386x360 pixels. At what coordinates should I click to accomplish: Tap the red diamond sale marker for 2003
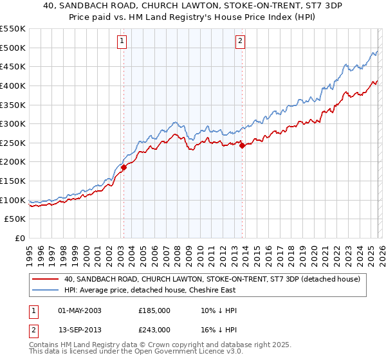pyautogui.click(x=124, y=168)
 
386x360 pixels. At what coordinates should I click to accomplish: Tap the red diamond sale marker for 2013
pyautogui.click(x=242, y=146)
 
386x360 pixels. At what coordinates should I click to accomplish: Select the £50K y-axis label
pyautogui.click(x=15, y=219)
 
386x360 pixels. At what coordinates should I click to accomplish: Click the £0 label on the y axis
pyautogui.click(x=21, y=239)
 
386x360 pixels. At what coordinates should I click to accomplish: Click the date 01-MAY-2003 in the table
pyautogui.click(x=80, y=310)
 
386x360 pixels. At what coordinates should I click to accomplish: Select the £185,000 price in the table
pyautogui.click(x=154, y=310)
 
